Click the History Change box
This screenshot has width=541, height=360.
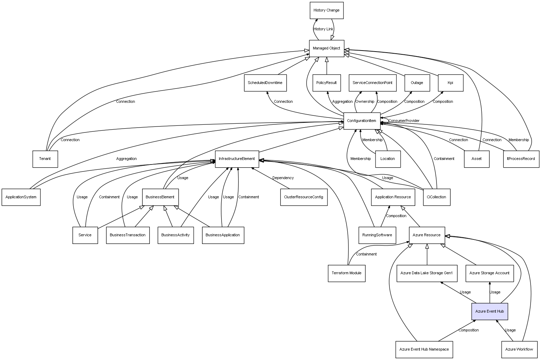point(326,10)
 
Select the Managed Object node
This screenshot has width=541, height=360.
point(326,48)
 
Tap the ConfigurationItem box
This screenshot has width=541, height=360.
point(362,121)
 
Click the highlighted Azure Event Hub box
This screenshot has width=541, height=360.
point(489,311)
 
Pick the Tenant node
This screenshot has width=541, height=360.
point(45,159)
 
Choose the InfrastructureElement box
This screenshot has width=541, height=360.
point(237,159)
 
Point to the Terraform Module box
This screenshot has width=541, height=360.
point(346,273)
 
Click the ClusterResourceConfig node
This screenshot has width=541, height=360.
point(303,197)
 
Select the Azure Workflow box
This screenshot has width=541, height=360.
point(519,349)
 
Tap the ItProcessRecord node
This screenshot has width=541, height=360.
point(521,159)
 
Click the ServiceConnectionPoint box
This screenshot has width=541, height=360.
point(372,83)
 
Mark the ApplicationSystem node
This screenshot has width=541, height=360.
point(21,197)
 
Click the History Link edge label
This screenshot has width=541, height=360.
point(323,29)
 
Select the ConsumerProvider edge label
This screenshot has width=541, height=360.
point(404,121)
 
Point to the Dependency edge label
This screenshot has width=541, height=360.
point(283,178)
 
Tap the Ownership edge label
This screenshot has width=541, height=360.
point(365,102)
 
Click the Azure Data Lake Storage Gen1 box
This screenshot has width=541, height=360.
point(426,273)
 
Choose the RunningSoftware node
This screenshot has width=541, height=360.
point(377,235)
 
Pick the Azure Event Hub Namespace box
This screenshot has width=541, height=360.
point(424,349)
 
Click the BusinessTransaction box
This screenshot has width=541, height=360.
point(127,235)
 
